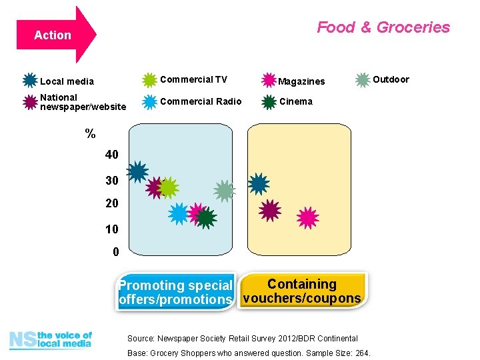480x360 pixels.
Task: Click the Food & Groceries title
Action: click(383, 27)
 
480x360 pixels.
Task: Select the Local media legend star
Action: click(30, 81)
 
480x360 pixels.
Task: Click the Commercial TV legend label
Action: click(193, 80)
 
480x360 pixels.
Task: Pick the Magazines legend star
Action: click(269, 81)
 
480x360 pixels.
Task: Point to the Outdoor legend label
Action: click(391, 80)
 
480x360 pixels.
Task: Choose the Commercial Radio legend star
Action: click(150, 102)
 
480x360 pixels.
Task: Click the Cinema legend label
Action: click(295, 102)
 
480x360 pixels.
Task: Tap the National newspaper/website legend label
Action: click(82, 102)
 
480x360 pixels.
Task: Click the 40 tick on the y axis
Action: click(111, 155)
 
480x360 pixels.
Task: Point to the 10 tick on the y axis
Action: click(111, 229)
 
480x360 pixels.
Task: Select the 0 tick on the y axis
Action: click(115, 253)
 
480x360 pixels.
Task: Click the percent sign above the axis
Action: click(90, 134)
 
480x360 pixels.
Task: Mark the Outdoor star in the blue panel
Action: click(225, 191)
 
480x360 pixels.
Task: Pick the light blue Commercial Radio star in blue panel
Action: click(179, 213)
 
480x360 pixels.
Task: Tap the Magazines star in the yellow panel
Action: click(307, 217)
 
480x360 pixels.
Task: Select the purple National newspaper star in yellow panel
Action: click(269, 211)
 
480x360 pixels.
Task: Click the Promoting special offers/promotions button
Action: click(175, 292)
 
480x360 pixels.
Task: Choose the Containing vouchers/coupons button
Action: click(302, 291)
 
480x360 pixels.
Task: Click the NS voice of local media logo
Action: click(51, 340)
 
